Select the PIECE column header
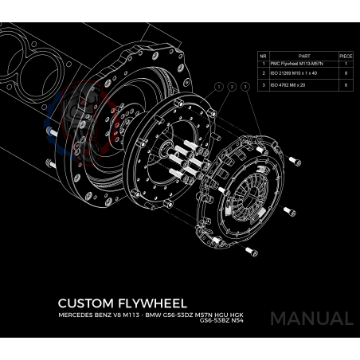(346, 56)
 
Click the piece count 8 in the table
(346, 72)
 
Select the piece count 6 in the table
(346, 83)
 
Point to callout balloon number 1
(217, 85)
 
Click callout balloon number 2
(232, 85)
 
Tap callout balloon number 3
(245, 85)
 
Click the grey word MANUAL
(311, 319)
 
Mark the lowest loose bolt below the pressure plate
(252, 252)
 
